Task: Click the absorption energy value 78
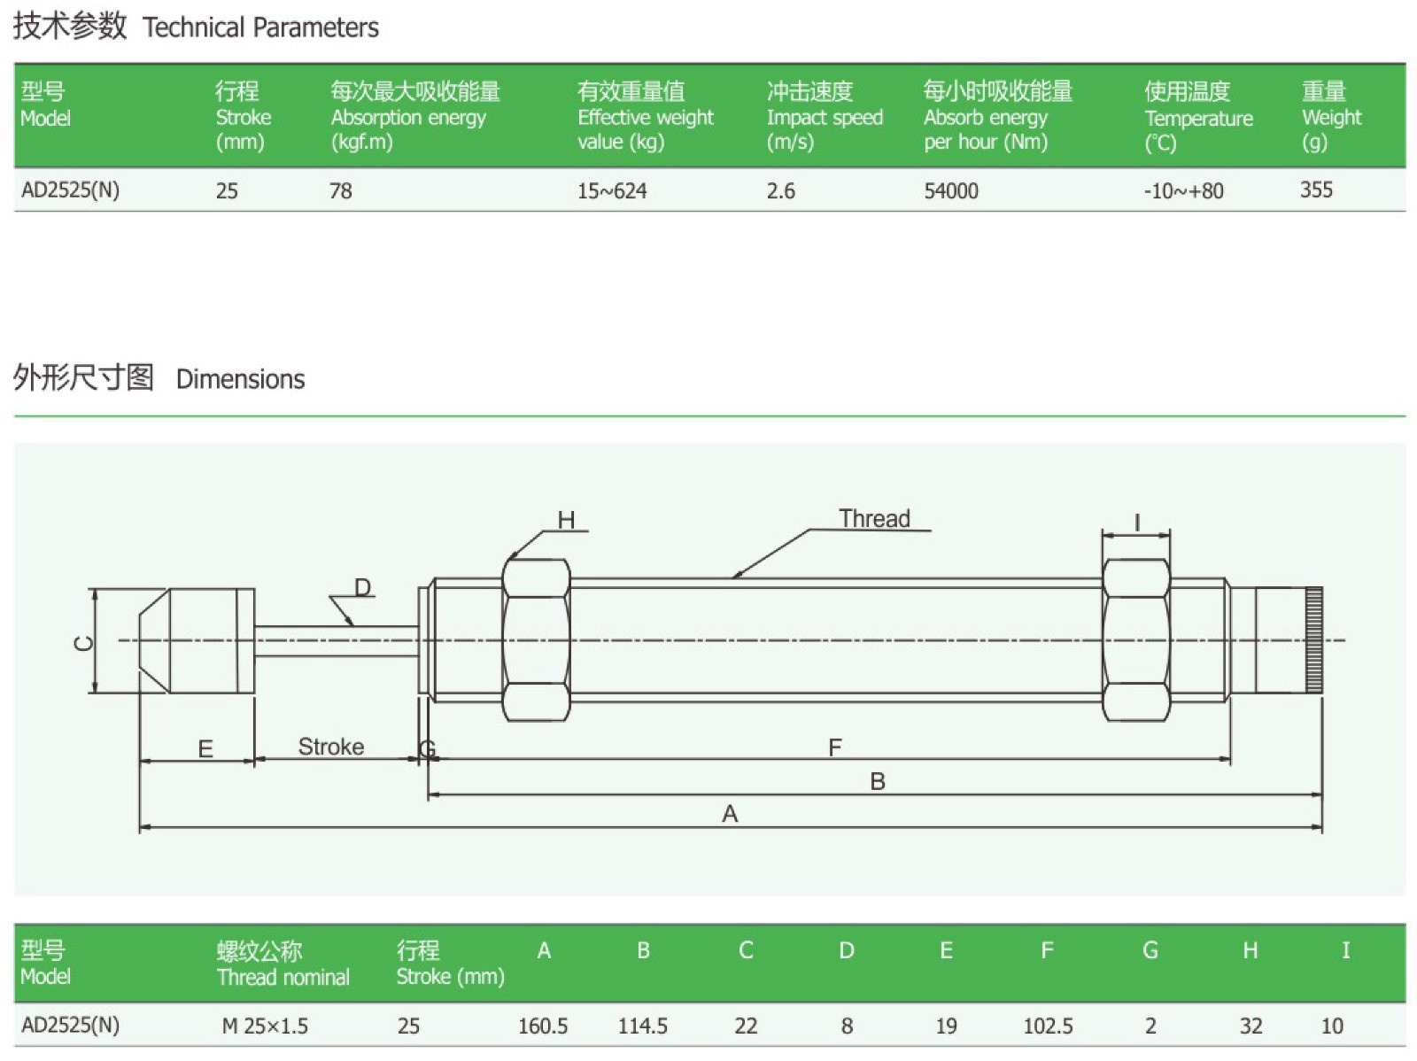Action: [340, 190]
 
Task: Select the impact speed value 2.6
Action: [780, 190]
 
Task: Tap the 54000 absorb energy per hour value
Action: [950, 190]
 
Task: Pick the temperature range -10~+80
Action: [1182, 190]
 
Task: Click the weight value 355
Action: [1315, 190]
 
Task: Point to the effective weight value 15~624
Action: [612, 190]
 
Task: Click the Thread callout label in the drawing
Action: [874, 519]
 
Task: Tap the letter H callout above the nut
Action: [566, 521]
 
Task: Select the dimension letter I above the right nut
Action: [1136, 523]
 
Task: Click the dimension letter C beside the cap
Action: [83, 642]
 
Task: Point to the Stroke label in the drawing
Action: [330, 747]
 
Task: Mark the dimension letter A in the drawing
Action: [730, 814]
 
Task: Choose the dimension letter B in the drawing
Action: [877, 782]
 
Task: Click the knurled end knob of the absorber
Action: [1313, 639]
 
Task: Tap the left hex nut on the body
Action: [536, 639]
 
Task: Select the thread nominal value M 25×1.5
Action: [265, 1026]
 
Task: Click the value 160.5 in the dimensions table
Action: [543, 1026]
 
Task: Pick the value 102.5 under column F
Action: [1048, 1026]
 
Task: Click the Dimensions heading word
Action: [240, 379]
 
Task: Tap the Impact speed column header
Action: [824, 117]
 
